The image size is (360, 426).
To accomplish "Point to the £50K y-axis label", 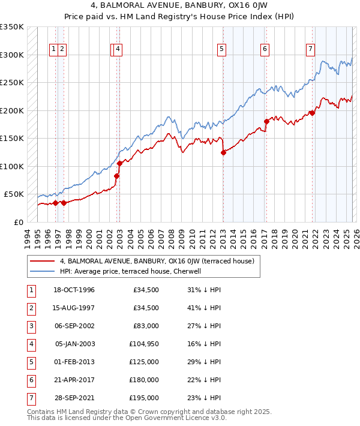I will pyautogui.click(x=14, y=194).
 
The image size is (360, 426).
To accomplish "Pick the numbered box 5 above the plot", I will pyautogui.click(x=222, y=49).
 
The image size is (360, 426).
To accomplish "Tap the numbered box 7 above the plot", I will pyautogui.click(x=310, y=49).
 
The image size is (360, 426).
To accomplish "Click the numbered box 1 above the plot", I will pyautogui.click(x=54, y=49).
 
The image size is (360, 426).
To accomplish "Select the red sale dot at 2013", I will pyautogui.click(x=223, y=152).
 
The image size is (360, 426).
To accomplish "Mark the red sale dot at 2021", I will pyautogui.click(x=312, y=113).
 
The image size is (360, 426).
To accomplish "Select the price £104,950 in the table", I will pyautogui.click(x=143, y=344).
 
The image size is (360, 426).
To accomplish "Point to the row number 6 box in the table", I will pyautogui.click(x=30, y=380).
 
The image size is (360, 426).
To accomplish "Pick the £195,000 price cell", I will pyautogui.click(x=143, y=398).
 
